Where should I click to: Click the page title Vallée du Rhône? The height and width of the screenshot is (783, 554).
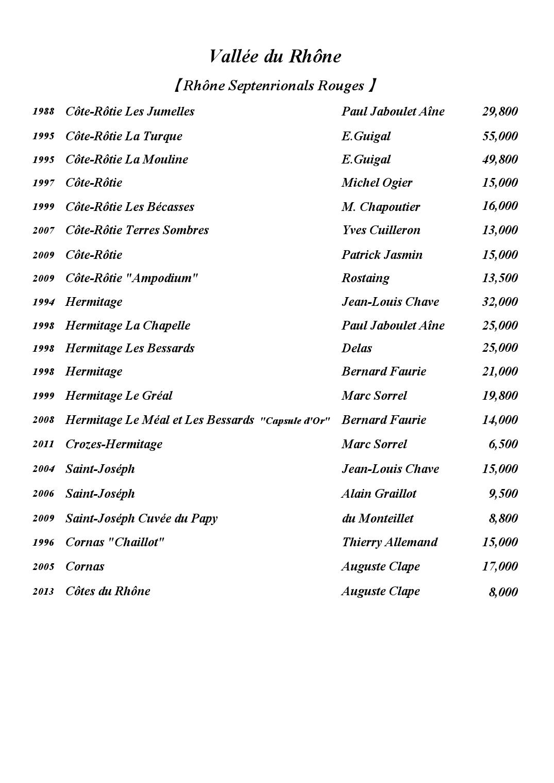tap(275, 56)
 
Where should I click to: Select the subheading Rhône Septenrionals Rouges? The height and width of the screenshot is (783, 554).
tap(275, 86)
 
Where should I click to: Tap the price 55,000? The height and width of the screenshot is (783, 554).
tap(499, 136)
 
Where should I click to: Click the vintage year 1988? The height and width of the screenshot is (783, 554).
tap(43, 111)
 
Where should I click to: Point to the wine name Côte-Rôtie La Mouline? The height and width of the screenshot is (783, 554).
tap(126, 159)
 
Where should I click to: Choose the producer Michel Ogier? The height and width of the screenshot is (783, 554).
tap(377, 183)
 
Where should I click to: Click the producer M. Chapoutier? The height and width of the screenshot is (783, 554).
tap(380, 207)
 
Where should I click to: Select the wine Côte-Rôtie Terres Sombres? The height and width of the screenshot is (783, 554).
tap(137, 230)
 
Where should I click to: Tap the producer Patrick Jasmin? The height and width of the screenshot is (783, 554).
tap(382, 255)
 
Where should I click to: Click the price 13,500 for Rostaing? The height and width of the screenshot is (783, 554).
tap(499, 278)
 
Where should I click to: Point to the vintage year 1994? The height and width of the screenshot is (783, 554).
tap(43, 302)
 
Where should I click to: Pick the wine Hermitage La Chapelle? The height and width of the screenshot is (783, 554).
tap(127, 325)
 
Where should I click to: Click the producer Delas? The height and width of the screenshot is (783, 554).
tap(357, 348)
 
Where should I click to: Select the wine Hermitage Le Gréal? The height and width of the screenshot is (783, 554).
tap(119, 396)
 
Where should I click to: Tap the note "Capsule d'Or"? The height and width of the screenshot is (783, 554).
tap(295, 421)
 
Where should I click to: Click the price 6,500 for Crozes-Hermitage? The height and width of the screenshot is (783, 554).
tap(502, 444)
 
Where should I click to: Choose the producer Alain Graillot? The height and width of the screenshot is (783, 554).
tap(379, 494)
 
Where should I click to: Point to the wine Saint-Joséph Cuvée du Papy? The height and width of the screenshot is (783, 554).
tap(141, 518)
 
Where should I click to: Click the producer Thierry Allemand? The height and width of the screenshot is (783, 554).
tap(389, 542)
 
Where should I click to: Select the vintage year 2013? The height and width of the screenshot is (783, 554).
tap(43, 592)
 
